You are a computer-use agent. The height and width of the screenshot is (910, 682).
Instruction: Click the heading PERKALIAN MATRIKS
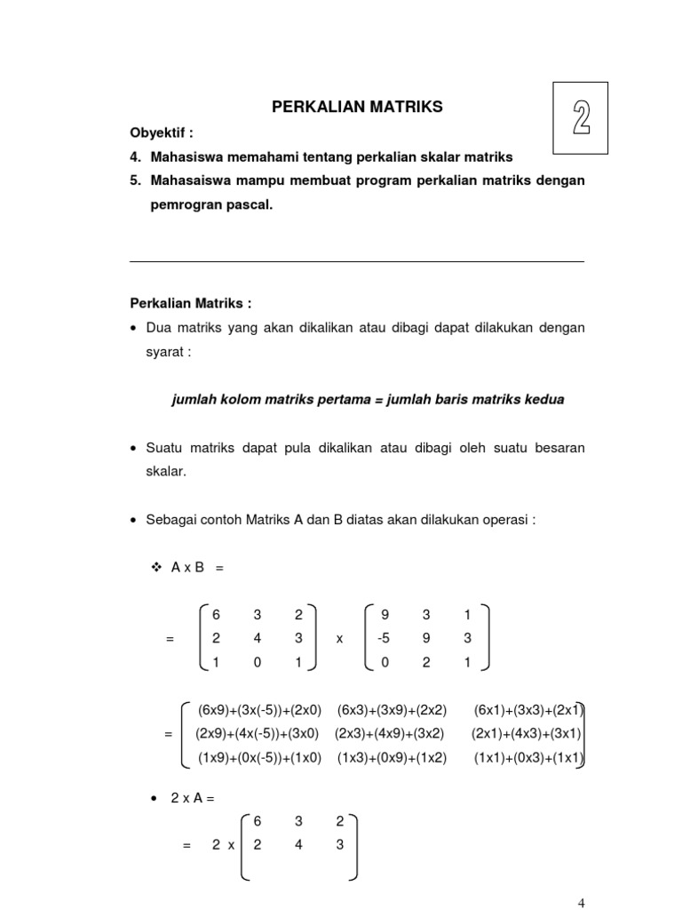pyautogui.click(x=356, y=107)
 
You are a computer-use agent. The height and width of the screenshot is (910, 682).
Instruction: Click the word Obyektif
pyautogui.click(x=161, y=132)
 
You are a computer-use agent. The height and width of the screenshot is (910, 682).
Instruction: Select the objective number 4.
pyautogui.click(x=135, y=156)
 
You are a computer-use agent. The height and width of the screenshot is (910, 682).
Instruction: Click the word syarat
pyautogui.click(x=167, y=351)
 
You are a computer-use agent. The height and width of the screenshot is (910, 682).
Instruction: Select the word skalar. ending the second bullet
pyautogui.click(x=166, y=472)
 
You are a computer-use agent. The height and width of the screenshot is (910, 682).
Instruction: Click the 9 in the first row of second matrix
pyautogui.click(x=385, y=614)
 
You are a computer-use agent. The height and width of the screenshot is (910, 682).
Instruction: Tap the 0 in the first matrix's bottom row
pyautogui.click(x=257, y=661)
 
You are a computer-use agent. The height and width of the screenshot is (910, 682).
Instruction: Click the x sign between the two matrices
pyautogui.click(x=339, y=638)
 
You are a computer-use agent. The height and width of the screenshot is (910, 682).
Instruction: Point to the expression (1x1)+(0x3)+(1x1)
pyautogui.click(x=527, y=758)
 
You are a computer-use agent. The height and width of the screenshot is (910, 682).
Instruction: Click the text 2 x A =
pyautogui.click(x=193, y=799)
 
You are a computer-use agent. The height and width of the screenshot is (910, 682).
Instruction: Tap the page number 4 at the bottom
pyautogui.click(x=582, y=903)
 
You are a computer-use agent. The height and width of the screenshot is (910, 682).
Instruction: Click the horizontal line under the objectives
pyautogui.click(x=356, y=261)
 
